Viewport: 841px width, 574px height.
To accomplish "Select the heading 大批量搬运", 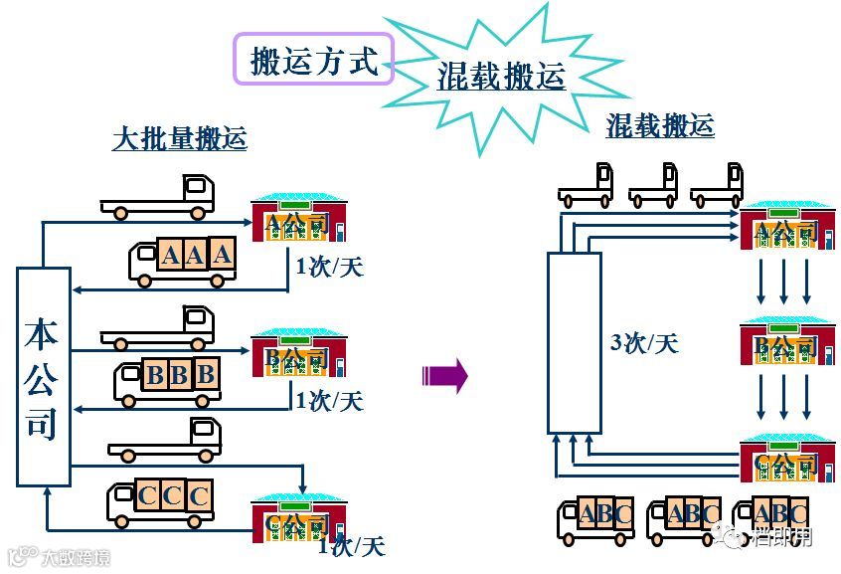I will pos(179,138).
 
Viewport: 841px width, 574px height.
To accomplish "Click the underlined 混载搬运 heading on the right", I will pos(660,125).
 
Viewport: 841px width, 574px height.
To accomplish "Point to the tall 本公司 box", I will pos(44,376).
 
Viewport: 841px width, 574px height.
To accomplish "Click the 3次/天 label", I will pos(643,343).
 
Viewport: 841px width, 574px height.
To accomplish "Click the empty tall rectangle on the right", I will pos(574,342).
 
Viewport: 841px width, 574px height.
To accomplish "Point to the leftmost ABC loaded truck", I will pos(595,519).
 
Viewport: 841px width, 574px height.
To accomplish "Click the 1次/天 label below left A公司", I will pos(329,267).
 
